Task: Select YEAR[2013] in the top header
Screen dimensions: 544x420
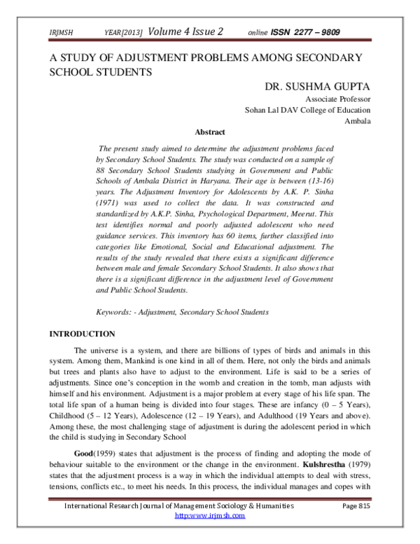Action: (x=124, y=33)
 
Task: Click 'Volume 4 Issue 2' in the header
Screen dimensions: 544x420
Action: (x=185, y=32)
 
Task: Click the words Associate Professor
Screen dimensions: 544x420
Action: (x=338, y=100)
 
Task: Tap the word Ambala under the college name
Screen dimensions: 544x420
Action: (x=358, y=121)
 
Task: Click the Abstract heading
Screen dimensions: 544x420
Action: (x=209, y=132)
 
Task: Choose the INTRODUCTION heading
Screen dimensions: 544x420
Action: (x=81, y=334)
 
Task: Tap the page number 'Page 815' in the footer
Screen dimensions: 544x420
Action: (x=357, y=506)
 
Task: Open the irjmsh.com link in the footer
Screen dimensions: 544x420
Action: (x=209, y=516)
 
